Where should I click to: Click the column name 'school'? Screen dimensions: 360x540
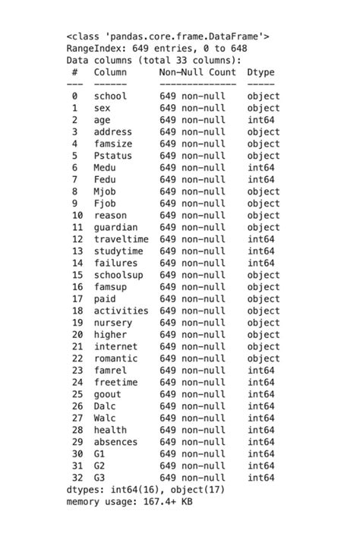(x=110, y=96)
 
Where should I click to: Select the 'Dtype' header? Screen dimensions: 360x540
(x=261, y=72)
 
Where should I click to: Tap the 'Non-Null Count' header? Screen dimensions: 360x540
(x=197, y=72)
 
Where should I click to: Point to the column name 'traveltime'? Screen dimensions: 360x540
(x=121, y=239)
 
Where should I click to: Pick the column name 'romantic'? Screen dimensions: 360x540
(x=115, y=358)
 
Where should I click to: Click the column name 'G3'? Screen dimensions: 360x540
(x=99, y=478)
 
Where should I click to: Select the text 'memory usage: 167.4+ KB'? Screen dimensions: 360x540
(x=130, y=502)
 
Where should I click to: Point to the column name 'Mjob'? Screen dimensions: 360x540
(x=105, y=191)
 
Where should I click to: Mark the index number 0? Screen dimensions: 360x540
(x=74, y=96)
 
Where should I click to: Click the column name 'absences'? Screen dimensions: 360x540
(x=115, y=442)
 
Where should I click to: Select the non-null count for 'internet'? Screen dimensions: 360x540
(x=192, y=346)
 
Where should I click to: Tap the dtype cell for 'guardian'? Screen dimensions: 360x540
(x=264, y=227)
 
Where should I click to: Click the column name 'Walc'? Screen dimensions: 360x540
(x=105, y=418)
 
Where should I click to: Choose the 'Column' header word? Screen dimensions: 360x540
(x=110, y=72)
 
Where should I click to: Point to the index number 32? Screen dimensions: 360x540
(x=77, y=478)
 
